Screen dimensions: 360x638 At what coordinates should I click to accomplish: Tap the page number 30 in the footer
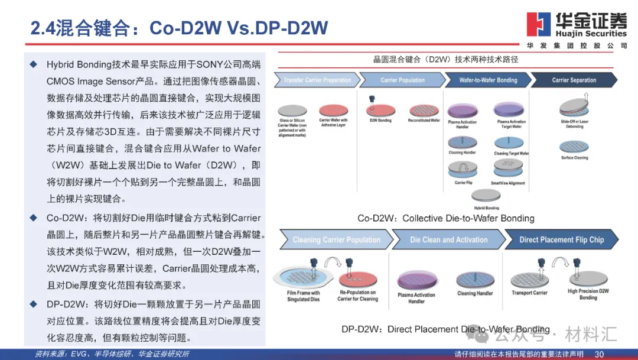point(599,354)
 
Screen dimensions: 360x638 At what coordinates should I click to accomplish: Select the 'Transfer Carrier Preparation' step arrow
point(317,80)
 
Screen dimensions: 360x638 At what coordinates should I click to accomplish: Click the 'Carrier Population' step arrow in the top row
point(402,80)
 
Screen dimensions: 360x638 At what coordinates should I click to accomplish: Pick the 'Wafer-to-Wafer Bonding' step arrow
point(488,80)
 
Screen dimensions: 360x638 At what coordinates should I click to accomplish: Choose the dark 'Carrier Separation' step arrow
point(574,80)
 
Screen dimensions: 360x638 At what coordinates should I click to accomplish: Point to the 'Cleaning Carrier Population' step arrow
point(337,240)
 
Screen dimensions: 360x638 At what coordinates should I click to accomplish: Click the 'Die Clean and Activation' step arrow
point(449,240)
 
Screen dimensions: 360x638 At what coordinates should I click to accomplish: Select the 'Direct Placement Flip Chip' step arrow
point(561,240)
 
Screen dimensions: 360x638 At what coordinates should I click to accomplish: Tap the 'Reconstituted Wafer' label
point(424,121)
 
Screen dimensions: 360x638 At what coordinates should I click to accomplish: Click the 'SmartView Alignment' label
point(508,183)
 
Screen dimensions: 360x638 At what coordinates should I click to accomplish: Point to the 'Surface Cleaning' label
point(575,158)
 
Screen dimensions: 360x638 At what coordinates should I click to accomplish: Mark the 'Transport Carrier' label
point(529,293)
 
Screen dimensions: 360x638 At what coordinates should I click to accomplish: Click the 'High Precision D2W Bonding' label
point(588,294)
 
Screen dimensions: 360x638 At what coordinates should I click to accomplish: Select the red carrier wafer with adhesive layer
point(334,109)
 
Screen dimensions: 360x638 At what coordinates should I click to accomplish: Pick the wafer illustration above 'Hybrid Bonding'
point(487,196)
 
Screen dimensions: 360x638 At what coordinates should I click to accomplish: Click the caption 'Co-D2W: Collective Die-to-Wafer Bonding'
point(446,218)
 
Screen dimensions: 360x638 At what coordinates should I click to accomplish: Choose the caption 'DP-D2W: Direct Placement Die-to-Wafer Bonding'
point(445,329)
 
